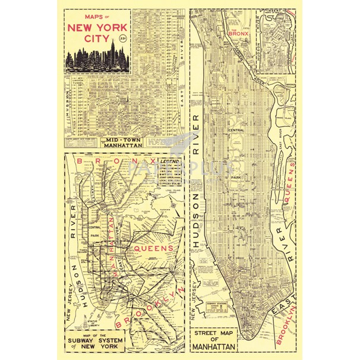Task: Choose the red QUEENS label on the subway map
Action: click(x=154, y=248)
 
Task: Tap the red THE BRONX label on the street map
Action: click(x=241, y=33)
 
